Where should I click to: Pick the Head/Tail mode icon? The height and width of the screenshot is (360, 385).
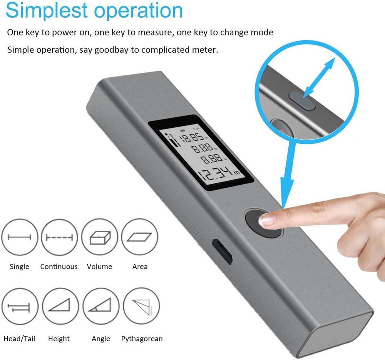(19, 308)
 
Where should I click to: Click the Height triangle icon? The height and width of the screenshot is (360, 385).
(59, 308)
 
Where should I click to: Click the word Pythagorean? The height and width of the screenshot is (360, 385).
(142, 339)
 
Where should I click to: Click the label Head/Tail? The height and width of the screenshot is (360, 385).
(19, 339)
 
